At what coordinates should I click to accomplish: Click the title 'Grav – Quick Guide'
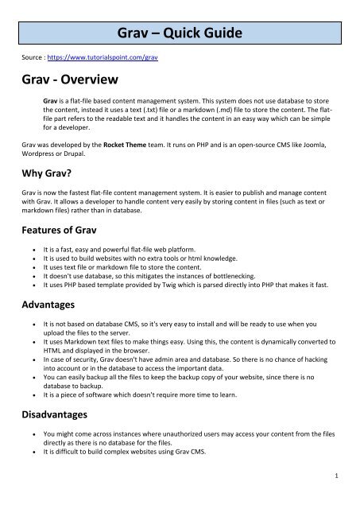pos(180,33)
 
